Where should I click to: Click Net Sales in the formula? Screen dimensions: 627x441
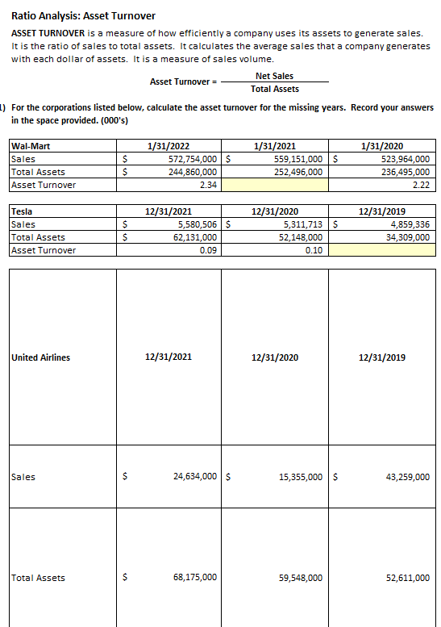[274, 75]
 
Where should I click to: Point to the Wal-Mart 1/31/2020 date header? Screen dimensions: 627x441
[382, 147]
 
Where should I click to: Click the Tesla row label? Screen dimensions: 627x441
[22, 211]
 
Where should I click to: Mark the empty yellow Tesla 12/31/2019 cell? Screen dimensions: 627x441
[382, 250]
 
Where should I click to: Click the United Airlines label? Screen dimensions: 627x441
[41, 357]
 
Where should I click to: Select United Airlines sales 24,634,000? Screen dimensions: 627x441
[195, 477]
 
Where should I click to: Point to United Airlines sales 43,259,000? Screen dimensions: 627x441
[408, 477]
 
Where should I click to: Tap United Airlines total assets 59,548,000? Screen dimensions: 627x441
[301, 578]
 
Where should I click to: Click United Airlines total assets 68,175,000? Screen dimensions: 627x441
[195, 578]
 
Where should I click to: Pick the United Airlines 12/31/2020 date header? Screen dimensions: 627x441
[276, 357]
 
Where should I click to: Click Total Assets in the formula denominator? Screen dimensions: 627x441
[274, 89]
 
